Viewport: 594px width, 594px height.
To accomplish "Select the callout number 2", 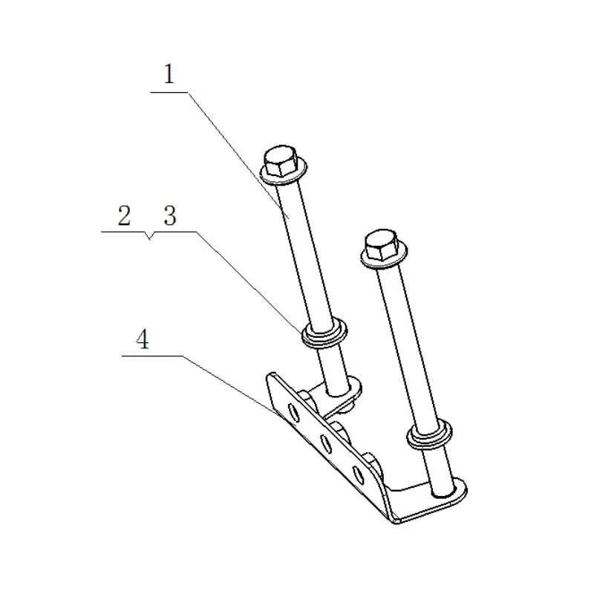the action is point(124,215).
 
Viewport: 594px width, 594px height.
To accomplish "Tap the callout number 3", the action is point(170,215).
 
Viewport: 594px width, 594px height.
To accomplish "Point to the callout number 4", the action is point(143,339).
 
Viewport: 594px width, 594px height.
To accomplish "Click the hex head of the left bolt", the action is point(281,161).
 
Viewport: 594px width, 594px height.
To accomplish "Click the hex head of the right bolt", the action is point(382,246).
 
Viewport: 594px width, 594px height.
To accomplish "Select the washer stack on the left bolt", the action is point(324,333).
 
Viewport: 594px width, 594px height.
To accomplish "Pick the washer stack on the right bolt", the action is point(429,434).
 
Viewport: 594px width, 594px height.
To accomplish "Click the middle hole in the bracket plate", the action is point(326,443).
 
